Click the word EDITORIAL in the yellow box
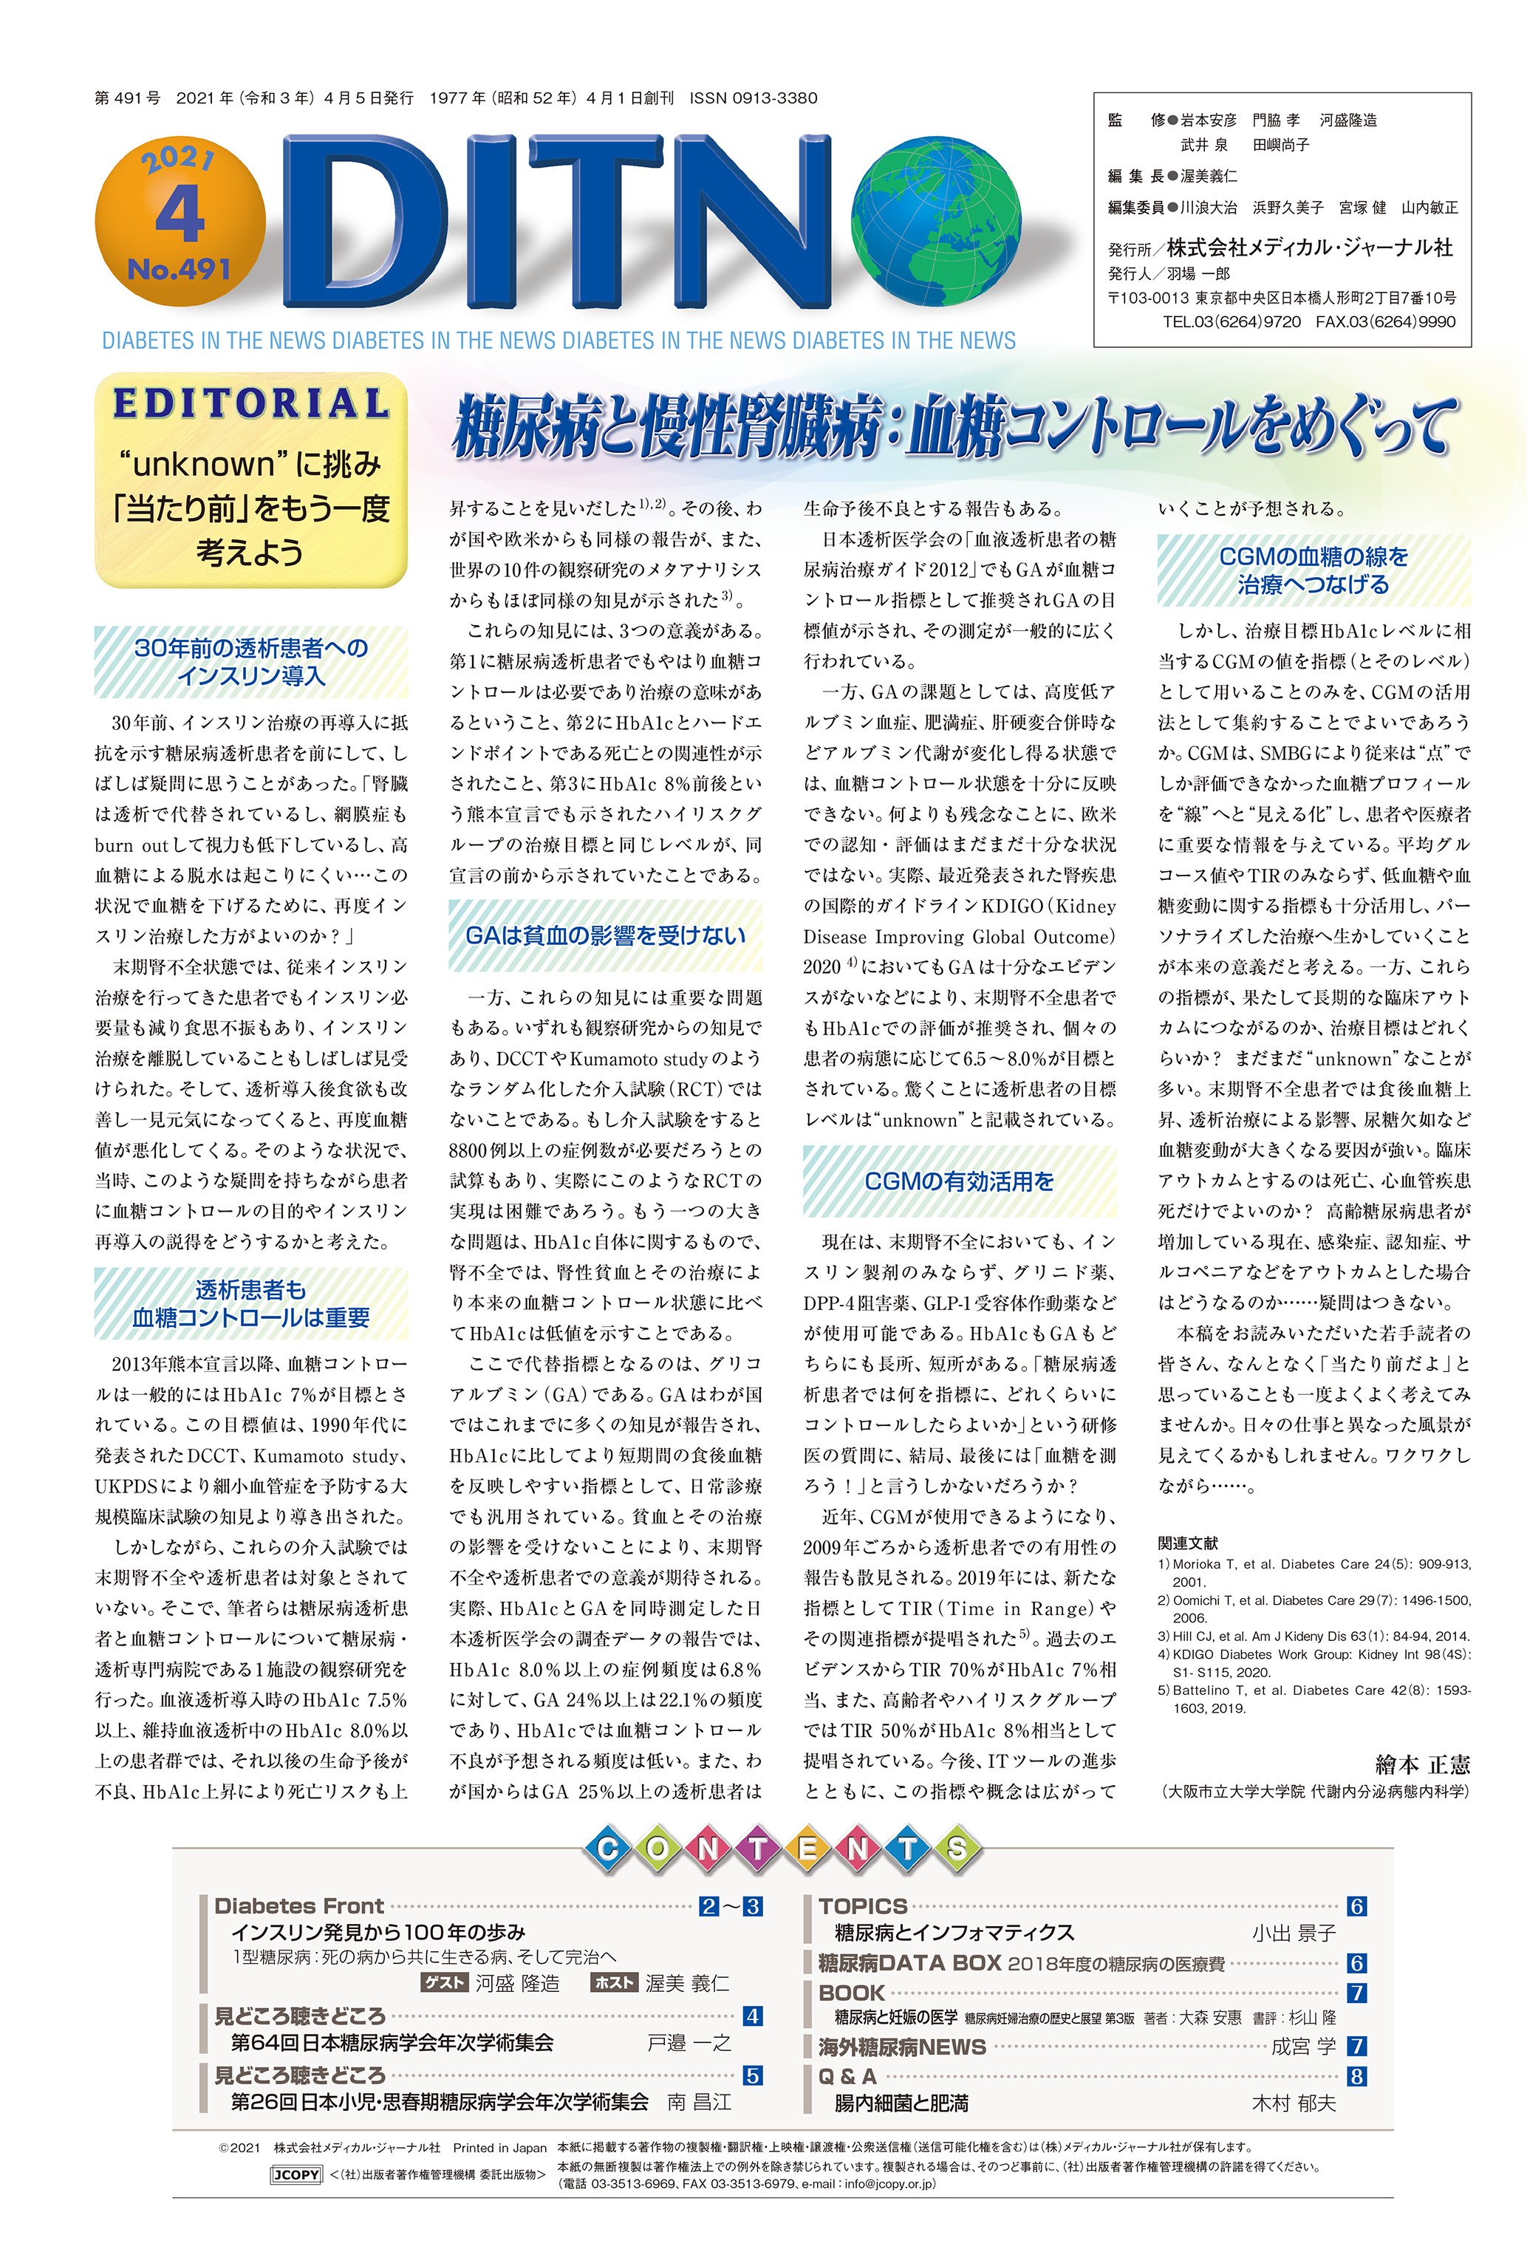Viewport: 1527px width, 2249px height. coord(250,403)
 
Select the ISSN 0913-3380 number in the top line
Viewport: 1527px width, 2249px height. coord(753,98)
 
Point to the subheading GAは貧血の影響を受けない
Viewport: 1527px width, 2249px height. coord(605,935)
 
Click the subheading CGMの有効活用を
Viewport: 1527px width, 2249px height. coord(958,1181)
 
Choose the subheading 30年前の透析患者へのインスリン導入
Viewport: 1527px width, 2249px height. coord(250,661)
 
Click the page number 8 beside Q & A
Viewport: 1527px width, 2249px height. coord(1356,2076)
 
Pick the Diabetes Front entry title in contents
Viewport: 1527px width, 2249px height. coord(299,1905)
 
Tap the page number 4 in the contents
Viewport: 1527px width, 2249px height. coord(752,2016)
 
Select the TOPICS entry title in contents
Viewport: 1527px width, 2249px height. coord(862,1905)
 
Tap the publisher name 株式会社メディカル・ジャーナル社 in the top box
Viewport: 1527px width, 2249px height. coord(1308,247)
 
